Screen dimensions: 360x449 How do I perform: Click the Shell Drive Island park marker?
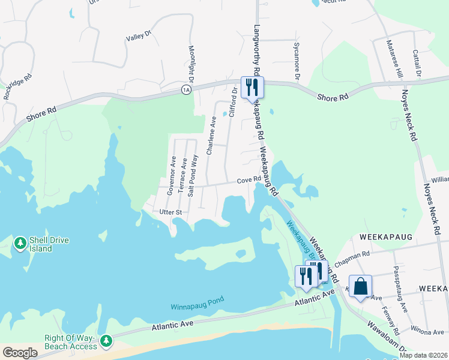pos(20,243)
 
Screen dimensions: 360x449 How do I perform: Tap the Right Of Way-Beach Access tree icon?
pos(106,341)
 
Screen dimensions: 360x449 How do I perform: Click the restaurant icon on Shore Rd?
pos(252,87)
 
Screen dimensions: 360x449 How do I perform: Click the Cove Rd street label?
pos(249,179)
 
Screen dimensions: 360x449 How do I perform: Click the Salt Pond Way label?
pos(193,175)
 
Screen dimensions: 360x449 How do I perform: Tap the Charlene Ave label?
pos(211,136)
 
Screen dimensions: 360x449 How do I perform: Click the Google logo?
pos(20,352)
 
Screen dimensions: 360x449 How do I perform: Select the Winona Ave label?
pos(425,329)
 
